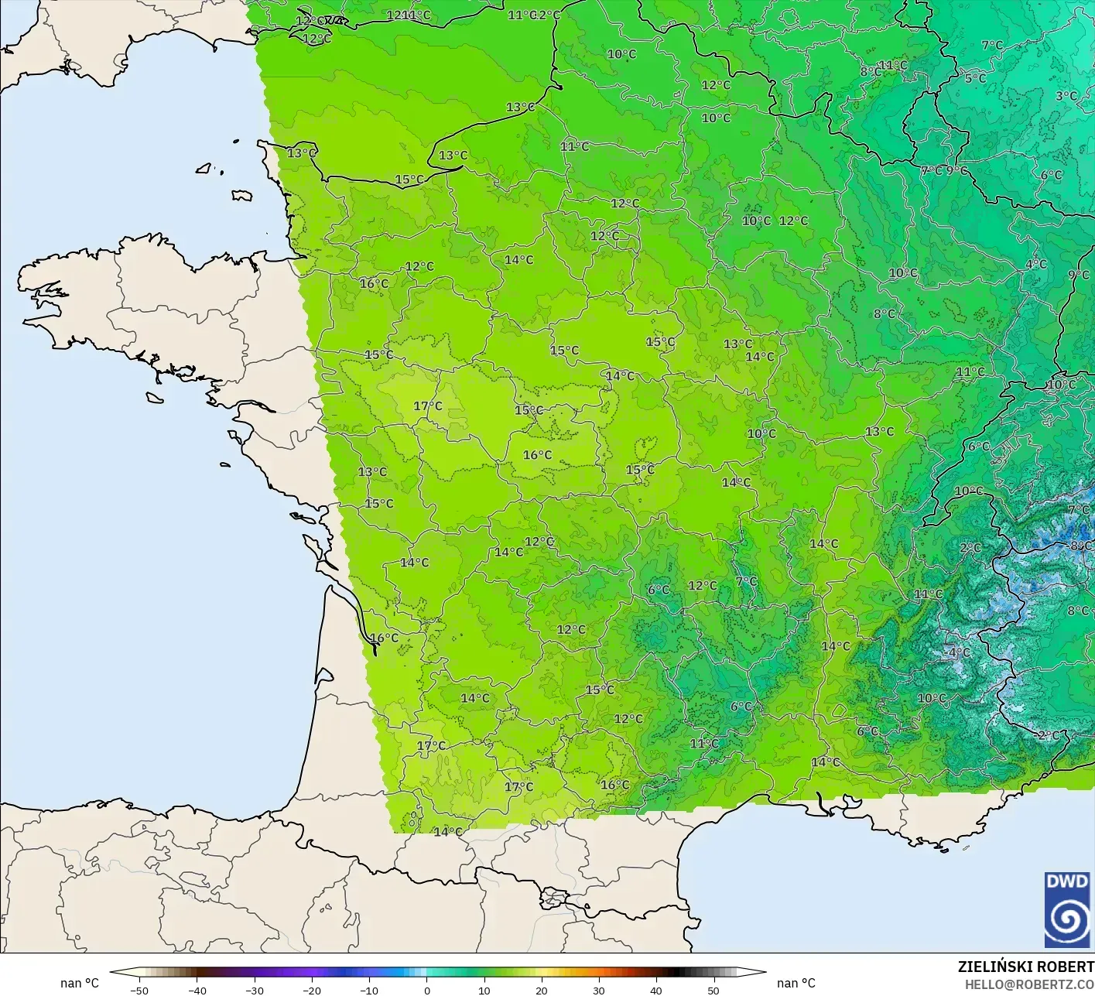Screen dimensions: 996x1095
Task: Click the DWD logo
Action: point(1067,909)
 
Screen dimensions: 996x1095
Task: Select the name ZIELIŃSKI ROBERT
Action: point(1025,967)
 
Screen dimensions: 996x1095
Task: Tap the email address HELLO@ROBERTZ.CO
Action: point(1029,984)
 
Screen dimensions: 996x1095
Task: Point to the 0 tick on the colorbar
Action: point(427,990)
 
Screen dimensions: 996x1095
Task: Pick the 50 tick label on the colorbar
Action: point(713,990)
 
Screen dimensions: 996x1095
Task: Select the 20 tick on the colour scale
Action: point(541,990)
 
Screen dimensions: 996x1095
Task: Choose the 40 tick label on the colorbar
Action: point(655,990)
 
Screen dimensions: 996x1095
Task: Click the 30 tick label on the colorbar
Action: point(598,990)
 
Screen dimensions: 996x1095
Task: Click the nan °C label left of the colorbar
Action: point(80,983)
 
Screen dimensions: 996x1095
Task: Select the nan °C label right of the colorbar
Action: point(796,983)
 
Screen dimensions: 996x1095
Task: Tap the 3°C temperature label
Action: point(1066,96)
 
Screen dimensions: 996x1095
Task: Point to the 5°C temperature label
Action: point(975,78)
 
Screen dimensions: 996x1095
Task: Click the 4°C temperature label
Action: point(1035,264)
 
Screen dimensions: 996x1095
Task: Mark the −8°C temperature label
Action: point(1080,546)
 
